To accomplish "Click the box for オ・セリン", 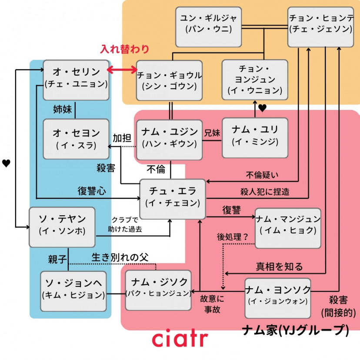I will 76,77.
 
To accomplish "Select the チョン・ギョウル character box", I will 169,80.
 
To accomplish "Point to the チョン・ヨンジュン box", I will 255,80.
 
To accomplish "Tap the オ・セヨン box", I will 76,138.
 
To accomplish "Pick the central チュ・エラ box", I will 172,197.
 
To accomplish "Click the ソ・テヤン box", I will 62,226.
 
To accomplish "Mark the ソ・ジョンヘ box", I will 73,290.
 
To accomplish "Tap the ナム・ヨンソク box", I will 278,296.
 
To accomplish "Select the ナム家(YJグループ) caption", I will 295,332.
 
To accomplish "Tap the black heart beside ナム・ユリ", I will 262,108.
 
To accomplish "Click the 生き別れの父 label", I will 120,257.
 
